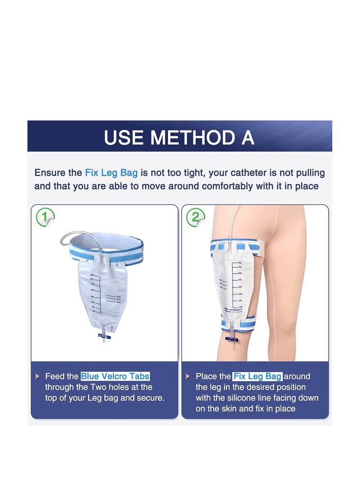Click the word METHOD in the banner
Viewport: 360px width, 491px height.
coord(192,137)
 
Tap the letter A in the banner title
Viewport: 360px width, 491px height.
coord(248,137)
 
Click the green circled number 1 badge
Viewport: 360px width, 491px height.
coord(45,217)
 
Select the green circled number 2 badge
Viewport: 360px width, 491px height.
coord(195,217)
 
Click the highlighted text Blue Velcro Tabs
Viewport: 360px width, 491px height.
coord(115,376)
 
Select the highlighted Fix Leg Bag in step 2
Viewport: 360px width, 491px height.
coord(257,376)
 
